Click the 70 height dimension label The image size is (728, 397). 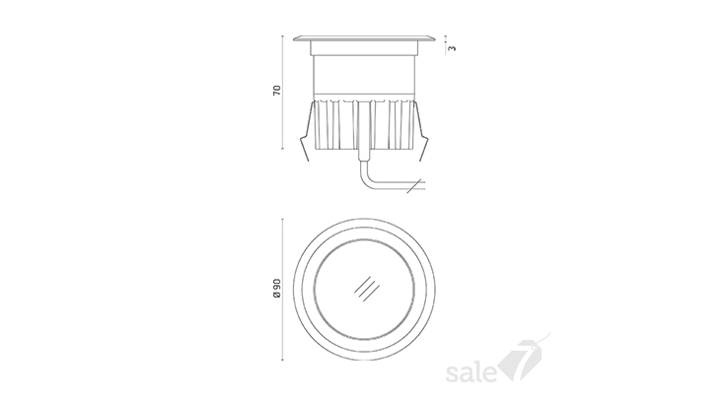click(277, 90)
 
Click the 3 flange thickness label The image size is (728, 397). click(453, 47)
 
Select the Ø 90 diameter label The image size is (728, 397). click(277, 288)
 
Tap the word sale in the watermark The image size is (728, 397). click(471, 373)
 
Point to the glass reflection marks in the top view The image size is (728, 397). click(367, 289)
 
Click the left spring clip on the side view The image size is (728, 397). click(307, 132)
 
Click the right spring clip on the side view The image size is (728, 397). click(421, 132)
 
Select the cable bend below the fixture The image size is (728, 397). click(366, 176)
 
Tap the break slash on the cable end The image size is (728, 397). click(413, 185)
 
